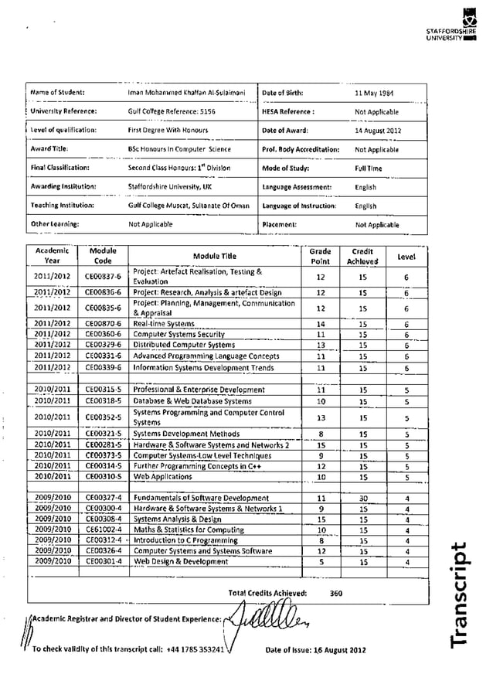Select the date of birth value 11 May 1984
point(374,93)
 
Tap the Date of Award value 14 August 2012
point(378,131)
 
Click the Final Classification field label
point(60,167)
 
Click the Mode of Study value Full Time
point(365,168)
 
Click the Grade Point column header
point(320,256)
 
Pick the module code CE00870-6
point(103,323)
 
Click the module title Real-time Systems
point(164,323)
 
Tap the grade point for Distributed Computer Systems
point(321,345)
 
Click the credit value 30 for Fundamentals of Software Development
point(362,499)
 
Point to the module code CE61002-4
point(103,529)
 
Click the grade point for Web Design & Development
point(321,562)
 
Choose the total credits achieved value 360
point(336,593)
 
